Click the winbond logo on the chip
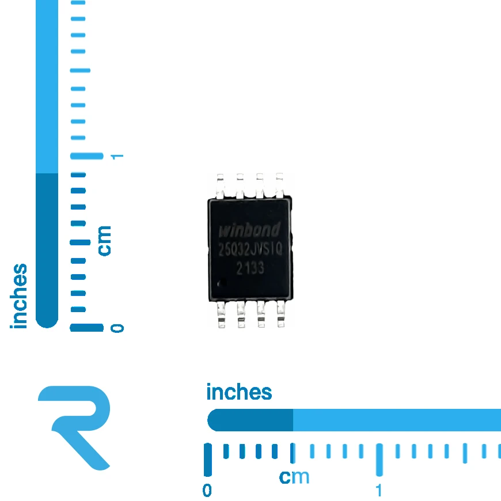tap(249, 230)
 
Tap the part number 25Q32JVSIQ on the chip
tap(250, 249)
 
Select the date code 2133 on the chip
tap(250, 268)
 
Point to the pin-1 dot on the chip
tap(222, 283)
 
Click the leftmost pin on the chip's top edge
tap(220, 186)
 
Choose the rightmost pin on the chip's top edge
tap(279, 185)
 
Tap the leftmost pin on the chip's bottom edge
tap(221, 314)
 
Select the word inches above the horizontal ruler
tap(239, 392)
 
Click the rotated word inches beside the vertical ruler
tap(18, 296)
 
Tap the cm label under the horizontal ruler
tap(294, 477)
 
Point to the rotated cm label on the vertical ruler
tap(104, 241)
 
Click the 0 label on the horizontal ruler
tap(207, 491)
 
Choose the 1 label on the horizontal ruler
tap(379, 491)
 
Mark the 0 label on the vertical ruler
tap(117, 328)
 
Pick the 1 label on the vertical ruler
tap(117, 157)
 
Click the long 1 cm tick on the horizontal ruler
tap(379, 460)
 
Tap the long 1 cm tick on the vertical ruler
tap(87, 156)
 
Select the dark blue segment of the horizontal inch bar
tap(250, 420)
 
